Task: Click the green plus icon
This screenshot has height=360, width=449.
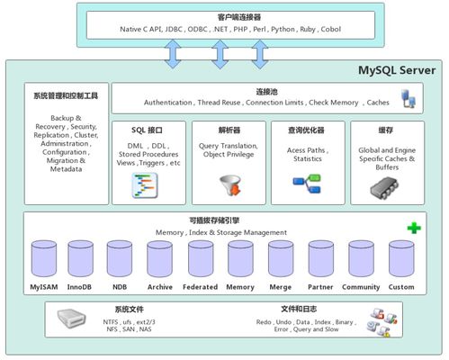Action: click(x=413, y=228)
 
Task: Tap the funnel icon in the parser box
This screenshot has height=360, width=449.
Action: click(x=229, y=184)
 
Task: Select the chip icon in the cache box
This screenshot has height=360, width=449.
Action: click(x=386, y=187)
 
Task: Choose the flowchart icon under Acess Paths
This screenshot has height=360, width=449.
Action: click(x=308, y=184)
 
